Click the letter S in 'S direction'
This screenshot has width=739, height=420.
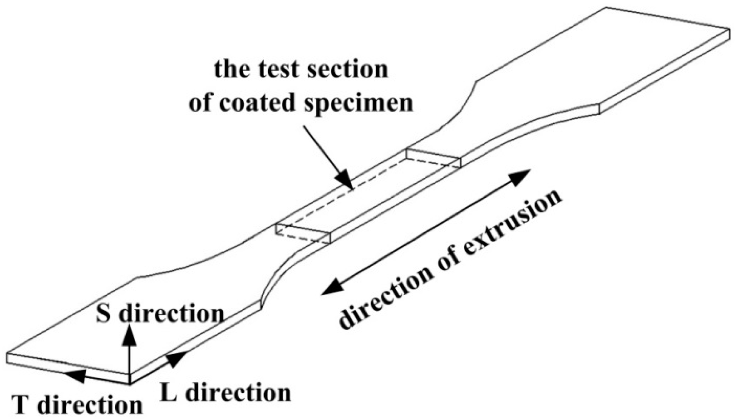tap(103, 314)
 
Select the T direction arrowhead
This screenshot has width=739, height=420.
tap(75, 375)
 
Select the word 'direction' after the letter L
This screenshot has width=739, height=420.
tap(238, 392)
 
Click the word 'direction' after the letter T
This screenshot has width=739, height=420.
tap(91, 405)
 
